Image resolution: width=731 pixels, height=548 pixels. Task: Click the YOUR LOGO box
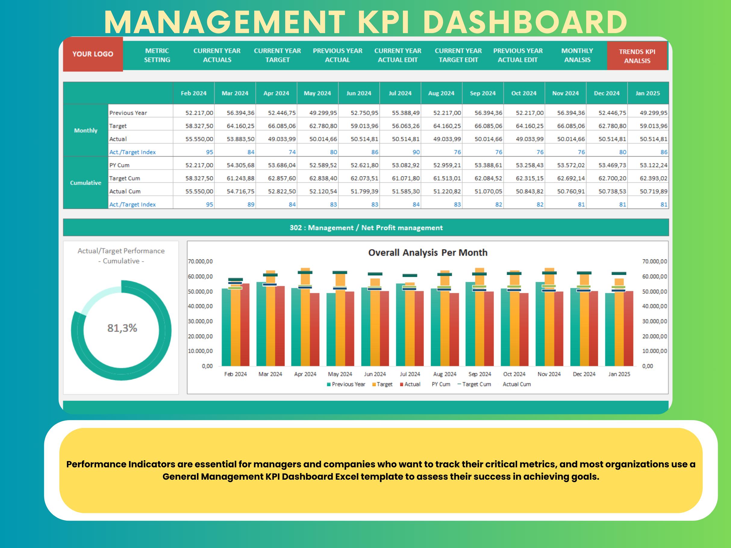click(x=93, y=54)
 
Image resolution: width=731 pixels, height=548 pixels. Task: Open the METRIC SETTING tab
click(x=157, y=55)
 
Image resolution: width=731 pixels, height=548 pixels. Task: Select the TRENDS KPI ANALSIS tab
click(x=637, y=56)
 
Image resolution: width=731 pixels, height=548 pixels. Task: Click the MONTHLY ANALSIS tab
click(x=577, y=55)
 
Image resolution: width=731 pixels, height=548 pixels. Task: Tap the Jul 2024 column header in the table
click(x=400, y=93)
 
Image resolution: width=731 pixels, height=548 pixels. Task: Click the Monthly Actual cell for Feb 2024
click(x=199, y=139)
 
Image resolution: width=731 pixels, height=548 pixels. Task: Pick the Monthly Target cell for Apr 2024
click(x=282, y=126)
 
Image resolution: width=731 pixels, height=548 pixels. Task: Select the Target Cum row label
click(x=125, y=178)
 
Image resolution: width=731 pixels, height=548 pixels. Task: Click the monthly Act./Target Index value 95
click(x=209, y=152)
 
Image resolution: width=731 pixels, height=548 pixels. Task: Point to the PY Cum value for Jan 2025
click(x=653, y=165)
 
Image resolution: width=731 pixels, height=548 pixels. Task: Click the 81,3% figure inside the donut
click(x=122, y=328)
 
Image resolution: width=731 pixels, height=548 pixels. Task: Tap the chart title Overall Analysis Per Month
click(x=428, y=252)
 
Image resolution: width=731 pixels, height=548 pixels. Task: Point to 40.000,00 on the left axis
click(x=200, y=306)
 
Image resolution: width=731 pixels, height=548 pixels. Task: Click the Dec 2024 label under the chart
click(x=584, y=374)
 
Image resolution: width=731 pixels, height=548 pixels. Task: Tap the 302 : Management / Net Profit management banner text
click(x=366, y=228)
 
